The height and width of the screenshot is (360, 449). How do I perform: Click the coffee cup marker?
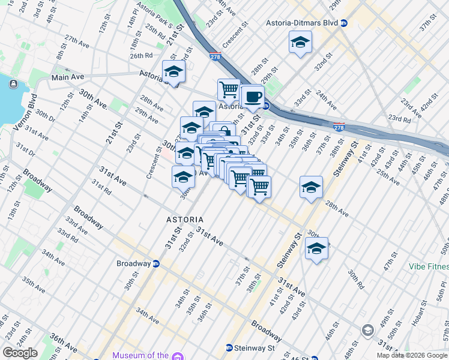[x=253, y=97]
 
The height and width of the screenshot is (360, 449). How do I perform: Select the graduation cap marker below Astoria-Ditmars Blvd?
[x=300, y=43]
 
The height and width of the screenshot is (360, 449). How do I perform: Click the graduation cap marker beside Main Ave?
[x=173, y=71]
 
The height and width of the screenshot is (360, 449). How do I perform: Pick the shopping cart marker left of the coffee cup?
[x=229, y=90]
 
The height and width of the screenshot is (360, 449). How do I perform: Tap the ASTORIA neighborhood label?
[x=184, y=220]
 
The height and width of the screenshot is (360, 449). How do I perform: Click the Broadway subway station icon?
[x=156, y=263]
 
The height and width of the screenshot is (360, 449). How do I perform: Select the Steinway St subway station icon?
[x=229, y=347]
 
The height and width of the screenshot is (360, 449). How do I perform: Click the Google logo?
[x=20, y=352]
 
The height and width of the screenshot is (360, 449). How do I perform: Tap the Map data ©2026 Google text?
[x=412, y=355]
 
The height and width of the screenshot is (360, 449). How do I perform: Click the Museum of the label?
[x=140, y=355]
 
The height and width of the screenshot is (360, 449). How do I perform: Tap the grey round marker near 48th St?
[x=367, y=330]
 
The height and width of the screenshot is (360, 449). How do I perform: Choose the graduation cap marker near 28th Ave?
[x=311, y=188]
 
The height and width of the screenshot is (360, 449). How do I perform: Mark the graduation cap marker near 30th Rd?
[x=316, y=248]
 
